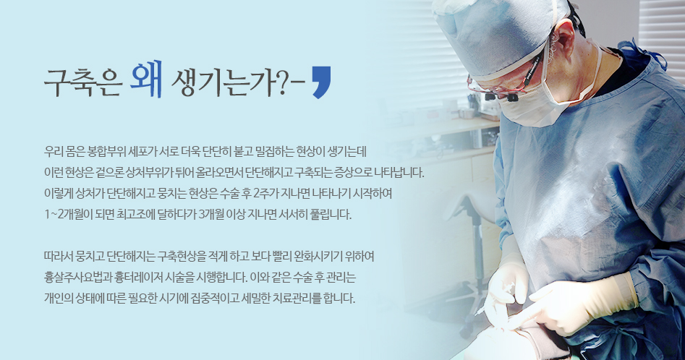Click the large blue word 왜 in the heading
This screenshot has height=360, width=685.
click(x=146, y=79)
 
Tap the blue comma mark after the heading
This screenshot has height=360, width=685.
click(x=322, y=82)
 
